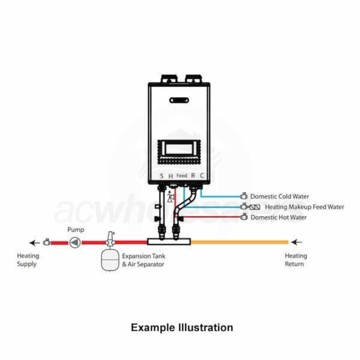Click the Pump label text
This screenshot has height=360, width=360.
pyautogui.click(x=76, y=229)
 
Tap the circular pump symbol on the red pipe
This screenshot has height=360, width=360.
pyautogui.click(x=74, y=243)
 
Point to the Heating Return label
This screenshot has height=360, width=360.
pyautogui.click(x=295, y=260)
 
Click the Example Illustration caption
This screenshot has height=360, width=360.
pyautogui.click(x=182, y=328)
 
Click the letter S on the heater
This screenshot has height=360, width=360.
pyautogui.click(x=161, y=176)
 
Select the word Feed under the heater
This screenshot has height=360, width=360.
pyautogui.click(x=182, y=176)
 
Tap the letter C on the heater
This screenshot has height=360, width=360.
pyautogui.click(x=202, y=176)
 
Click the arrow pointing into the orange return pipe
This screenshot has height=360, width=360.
pyautogui.click(x=295, y=242)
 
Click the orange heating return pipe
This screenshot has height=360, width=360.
pyautogui.click(x=240, y=242)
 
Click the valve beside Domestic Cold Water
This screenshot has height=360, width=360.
pyautogui.click(x=244, y=196)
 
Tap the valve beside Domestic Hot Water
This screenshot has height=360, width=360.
pyautogui.click(x=244, y=217)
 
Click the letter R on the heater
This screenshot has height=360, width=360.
pyautogui.click(x=193, y=176)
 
